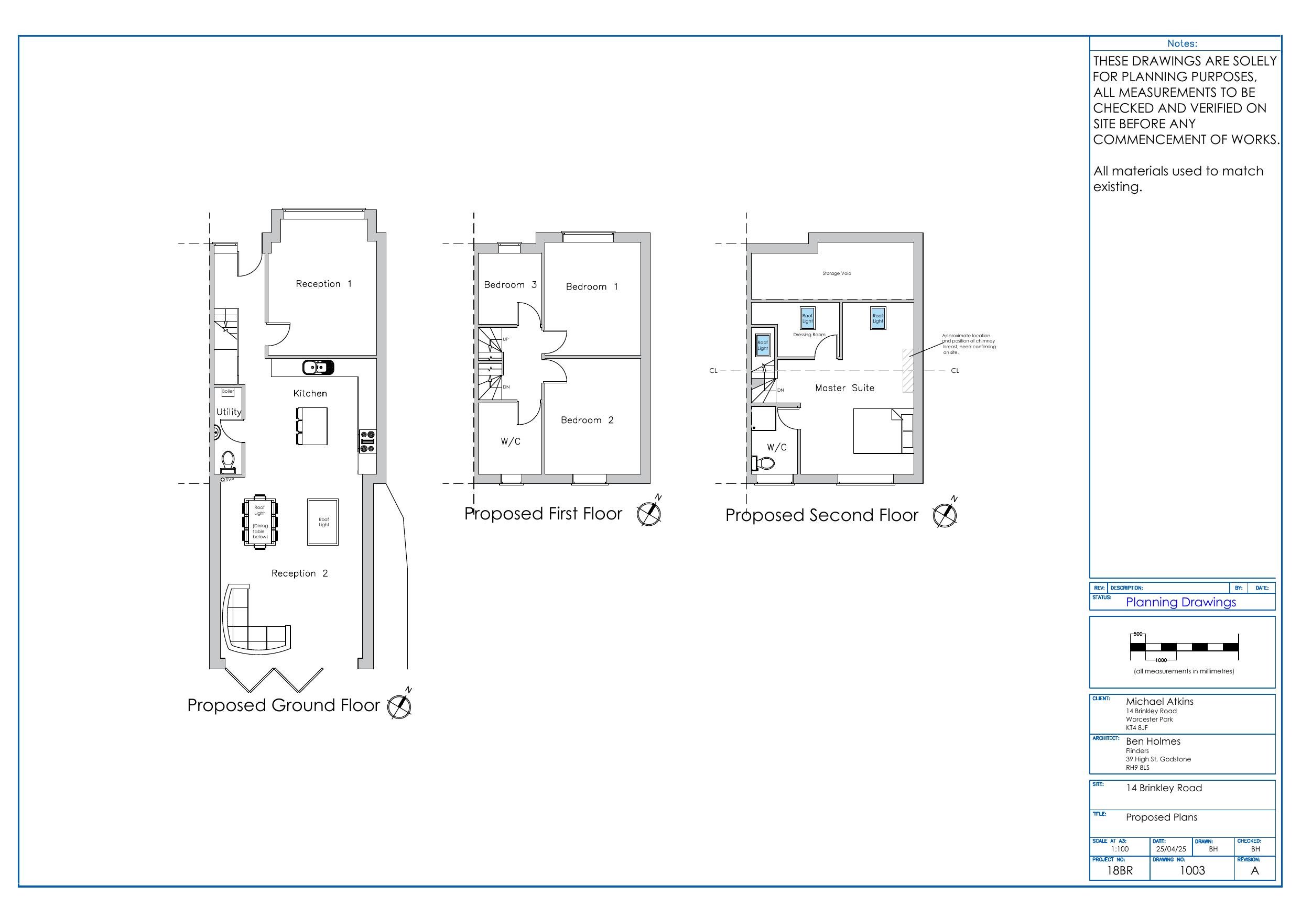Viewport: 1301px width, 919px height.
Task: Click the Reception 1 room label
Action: click(323, 284)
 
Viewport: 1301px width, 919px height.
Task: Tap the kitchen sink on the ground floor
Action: click(318, 368)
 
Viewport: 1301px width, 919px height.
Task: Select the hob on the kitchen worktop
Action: click(367, 441)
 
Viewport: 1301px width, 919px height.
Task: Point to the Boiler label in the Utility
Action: click(228, 391)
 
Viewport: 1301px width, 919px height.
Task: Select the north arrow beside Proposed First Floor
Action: click(649, 514)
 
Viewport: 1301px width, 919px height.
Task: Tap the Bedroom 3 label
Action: click(510, 285)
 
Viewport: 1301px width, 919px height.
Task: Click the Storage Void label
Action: click(837, 273)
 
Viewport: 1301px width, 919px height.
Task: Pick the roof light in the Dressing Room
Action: click(807, 318)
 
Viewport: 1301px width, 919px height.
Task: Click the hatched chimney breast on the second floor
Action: click(908, 370)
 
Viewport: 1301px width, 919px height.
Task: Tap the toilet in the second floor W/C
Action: click(764, 464)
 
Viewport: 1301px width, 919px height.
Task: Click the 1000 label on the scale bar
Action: click(1161, 660)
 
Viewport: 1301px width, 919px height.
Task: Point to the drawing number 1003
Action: click(1191, 870)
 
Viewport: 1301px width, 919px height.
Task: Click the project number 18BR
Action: click(1120, 870)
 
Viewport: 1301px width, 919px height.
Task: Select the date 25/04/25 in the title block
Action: click(1170, 849)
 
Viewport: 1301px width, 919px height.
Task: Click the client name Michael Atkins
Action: click(1159, 702)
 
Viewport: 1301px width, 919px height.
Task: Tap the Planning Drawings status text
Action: click(1180, 603)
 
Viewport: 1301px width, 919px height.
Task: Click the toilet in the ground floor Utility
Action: click(228, 461)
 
